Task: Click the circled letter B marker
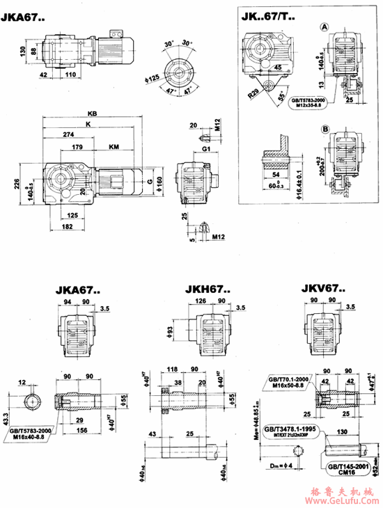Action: pyautogui.click(x=325, y=128)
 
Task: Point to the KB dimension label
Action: pyautogui.click(x=93, y=113)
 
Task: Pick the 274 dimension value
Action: pyautogui.click(x=67, y=134)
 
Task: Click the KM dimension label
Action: pyautogui.click(x=114, y=147)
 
